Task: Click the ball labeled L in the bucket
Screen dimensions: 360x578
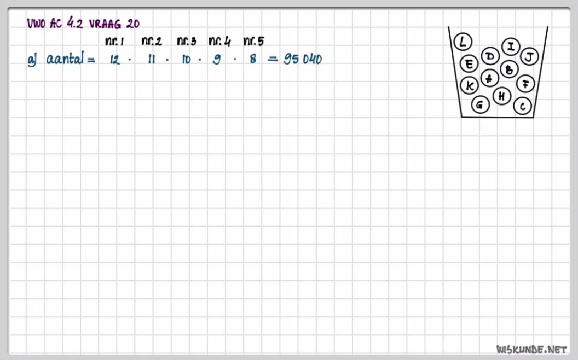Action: [463, 42]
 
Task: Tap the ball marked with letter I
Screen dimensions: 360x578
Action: [511, 47]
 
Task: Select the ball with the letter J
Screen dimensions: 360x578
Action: [529, 56]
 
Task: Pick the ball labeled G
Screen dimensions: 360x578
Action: [480, 104]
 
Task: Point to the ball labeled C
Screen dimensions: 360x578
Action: [523, 106]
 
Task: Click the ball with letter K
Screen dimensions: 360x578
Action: [470, 86]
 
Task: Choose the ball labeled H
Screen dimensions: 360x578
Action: [502, 96]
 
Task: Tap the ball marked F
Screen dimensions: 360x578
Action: [525, 84]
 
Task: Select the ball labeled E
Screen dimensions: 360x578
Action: [469, 64]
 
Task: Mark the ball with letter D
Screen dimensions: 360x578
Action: [490, 56]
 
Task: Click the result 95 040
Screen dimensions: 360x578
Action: [302, 60]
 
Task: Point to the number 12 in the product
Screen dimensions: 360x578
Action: [114, 60]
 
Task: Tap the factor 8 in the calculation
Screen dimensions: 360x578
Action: [252, 60]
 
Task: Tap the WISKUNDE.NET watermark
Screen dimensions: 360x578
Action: [531, 349]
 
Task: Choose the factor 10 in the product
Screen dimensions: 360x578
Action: [186, 60]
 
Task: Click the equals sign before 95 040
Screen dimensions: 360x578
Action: [272, 60]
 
